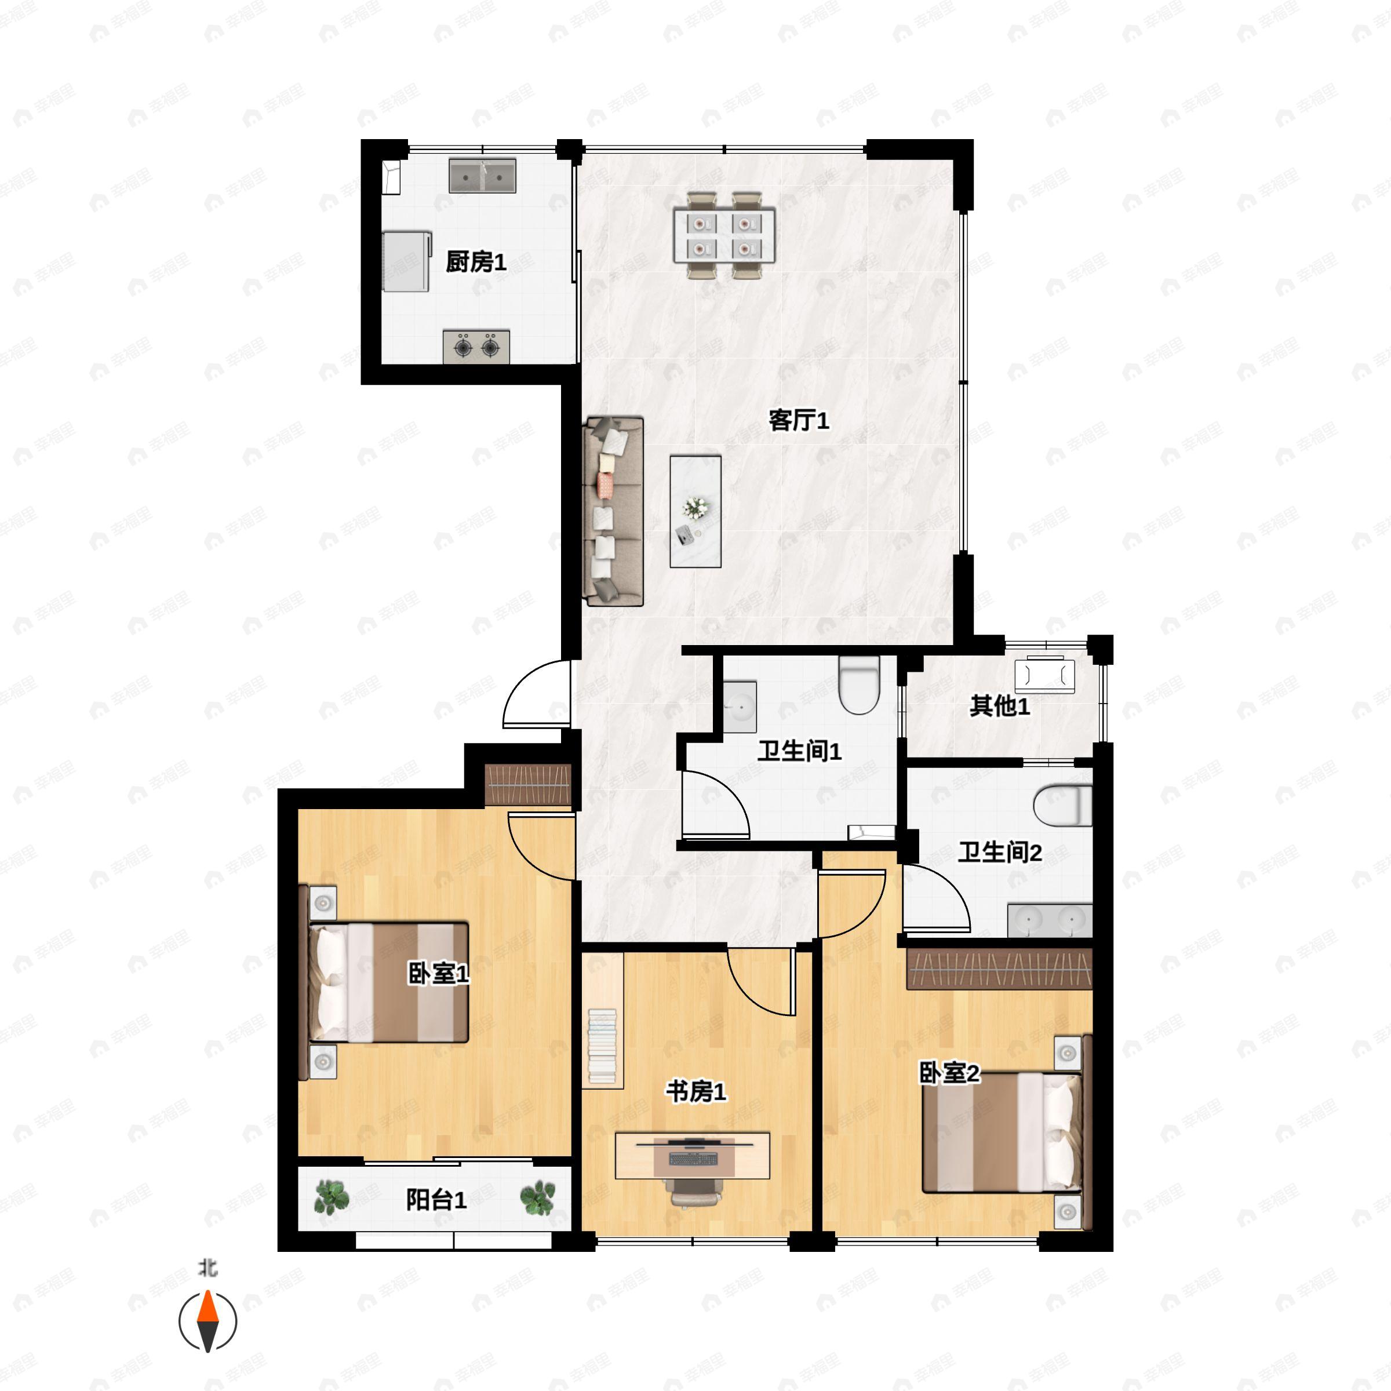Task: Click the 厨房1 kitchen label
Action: [x=476, y=261]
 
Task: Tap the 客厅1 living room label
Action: [x=799, y=420]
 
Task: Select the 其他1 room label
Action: [x=999, y=705]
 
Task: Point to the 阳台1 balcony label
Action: [x=436, y=1200]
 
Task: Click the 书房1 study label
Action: [x=695, y=1091]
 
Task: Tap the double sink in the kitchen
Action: [x=482, y=176]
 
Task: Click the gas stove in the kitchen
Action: [x=476, y=347]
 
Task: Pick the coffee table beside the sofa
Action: [x=695, y=511]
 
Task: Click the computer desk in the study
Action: [x=693, y=1156]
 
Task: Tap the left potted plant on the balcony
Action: [x=332, y=1197]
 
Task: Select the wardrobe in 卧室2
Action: [x=999, y=969]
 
